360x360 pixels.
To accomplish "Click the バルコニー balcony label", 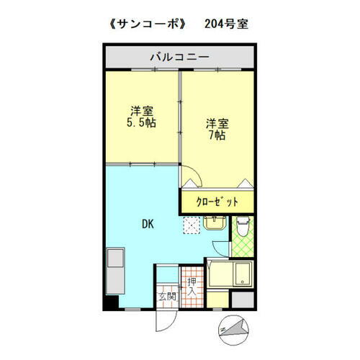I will (179, 55).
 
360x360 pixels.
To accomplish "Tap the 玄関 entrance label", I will (166, 295).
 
